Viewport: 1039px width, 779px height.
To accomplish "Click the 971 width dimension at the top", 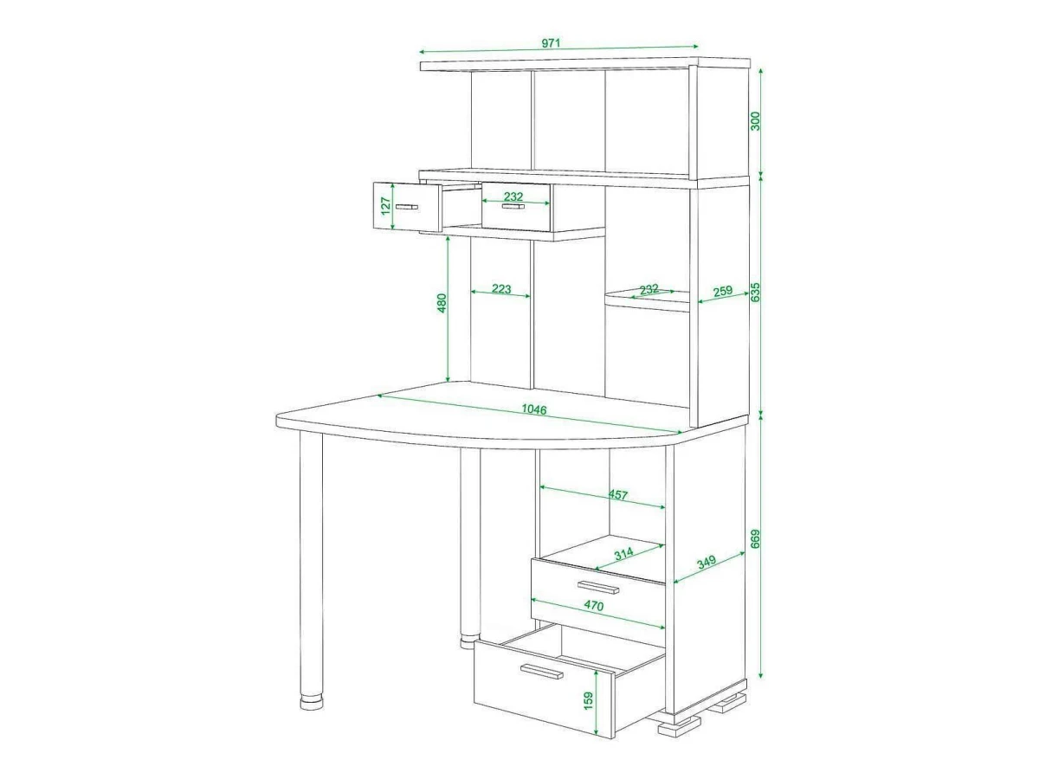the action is coord(551,43).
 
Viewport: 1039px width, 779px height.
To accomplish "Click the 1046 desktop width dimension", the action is coord(534,409).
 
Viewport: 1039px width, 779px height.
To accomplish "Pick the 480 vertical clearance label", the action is coord(442,303).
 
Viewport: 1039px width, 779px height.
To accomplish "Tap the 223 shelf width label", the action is coord(501,288).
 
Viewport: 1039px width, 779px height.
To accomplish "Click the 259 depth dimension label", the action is coord(723,291).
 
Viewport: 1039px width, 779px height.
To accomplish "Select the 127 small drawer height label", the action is coord(386,206).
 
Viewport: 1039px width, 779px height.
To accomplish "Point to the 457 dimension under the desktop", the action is coord(617,495).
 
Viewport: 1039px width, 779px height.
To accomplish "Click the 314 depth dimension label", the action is coord(624,553).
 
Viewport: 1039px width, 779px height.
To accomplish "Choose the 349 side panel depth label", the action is coord(707,562).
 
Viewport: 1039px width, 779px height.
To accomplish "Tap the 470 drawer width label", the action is coord(594,605).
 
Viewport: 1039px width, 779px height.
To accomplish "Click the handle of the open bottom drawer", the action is coord(541,671).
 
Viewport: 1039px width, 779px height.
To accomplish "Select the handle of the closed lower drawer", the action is coord(598,587).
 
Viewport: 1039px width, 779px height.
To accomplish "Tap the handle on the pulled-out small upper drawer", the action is coord(408,207).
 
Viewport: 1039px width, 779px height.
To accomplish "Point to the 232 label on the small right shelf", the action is coord(649,289).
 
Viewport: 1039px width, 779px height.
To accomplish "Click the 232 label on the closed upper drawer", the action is coord(513,196).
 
